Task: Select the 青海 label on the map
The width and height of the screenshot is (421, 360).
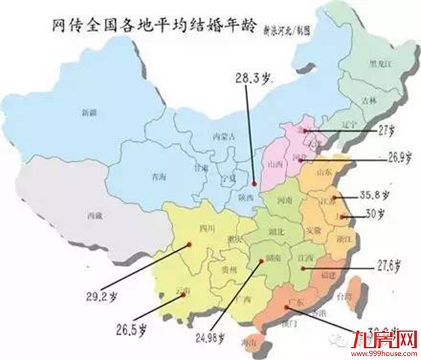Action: tap(158, 178)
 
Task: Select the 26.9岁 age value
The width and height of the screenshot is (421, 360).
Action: tap(376, 160)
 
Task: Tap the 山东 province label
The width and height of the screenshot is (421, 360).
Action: tap(325, 172)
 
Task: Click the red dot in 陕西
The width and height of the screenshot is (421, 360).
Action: tap(254, 183)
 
